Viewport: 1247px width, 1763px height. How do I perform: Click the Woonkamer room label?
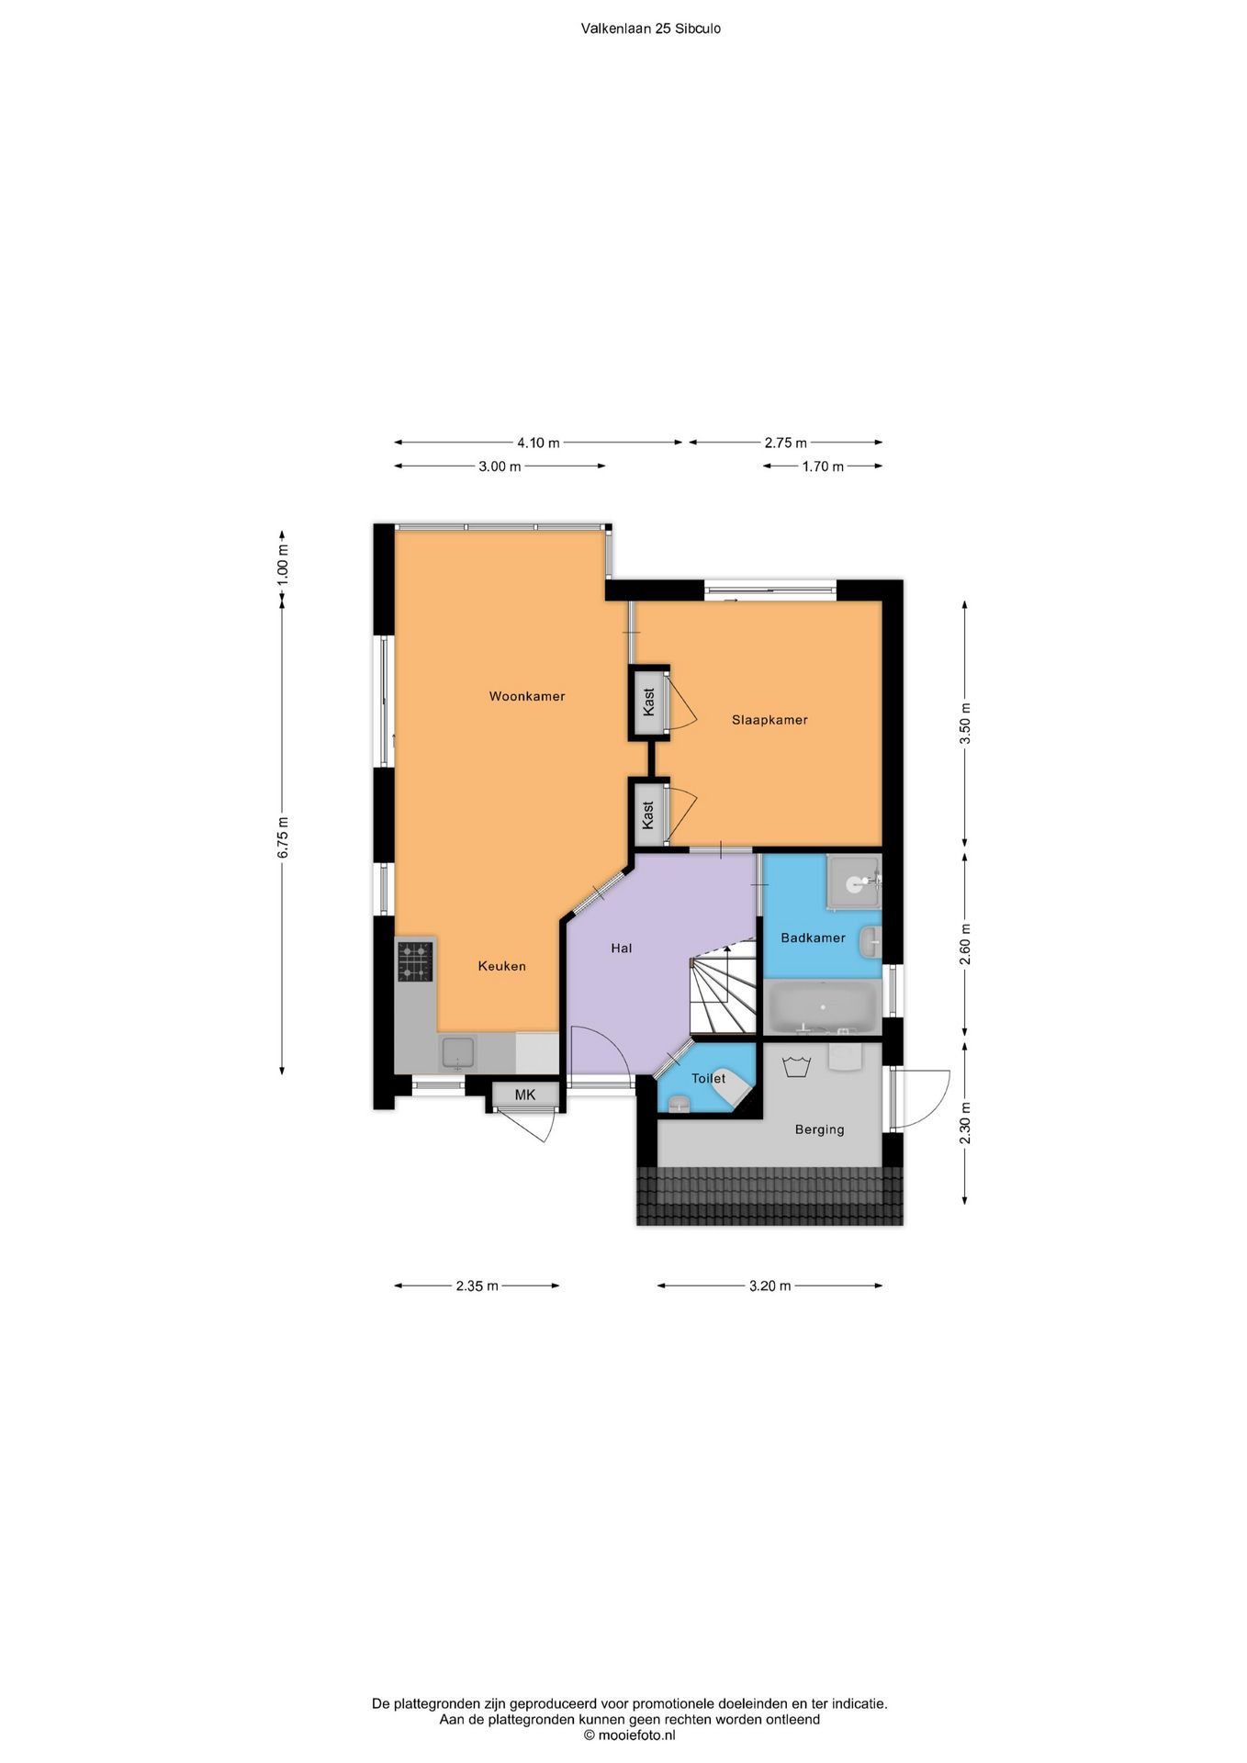pos(526,696)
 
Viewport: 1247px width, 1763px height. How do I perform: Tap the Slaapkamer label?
pos(770,720)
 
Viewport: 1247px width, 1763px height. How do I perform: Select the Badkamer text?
pos(813,938)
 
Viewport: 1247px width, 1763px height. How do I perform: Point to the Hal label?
pos(622,948)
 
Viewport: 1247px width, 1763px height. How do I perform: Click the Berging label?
pos(819,1129)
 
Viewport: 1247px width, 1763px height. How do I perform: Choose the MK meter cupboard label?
pos(524,1095)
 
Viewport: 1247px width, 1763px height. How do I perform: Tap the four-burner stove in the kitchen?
pos(414,961)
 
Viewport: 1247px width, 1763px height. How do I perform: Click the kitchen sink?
pos(458,1052)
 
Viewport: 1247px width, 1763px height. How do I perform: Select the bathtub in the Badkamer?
pos(822,1005)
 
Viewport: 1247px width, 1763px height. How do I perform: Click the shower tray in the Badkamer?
pos(853,882)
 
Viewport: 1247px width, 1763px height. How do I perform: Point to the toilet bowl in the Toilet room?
pos(679,1102)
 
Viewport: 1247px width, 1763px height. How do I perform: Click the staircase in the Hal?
pos(723,990)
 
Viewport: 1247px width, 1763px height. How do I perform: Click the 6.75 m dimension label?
pos(284,837)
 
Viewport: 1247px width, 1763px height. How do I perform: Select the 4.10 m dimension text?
pos(538,443)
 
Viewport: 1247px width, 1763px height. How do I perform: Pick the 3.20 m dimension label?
pos(770,1286)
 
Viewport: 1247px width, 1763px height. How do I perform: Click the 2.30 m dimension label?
pos(964,1124)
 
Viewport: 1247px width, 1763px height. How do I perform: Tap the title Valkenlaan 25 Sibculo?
pos(651,28)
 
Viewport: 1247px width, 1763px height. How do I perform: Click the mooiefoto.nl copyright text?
pos(630,1735)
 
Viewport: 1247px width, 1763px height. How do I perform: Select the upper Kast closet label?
pos(649,702)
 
